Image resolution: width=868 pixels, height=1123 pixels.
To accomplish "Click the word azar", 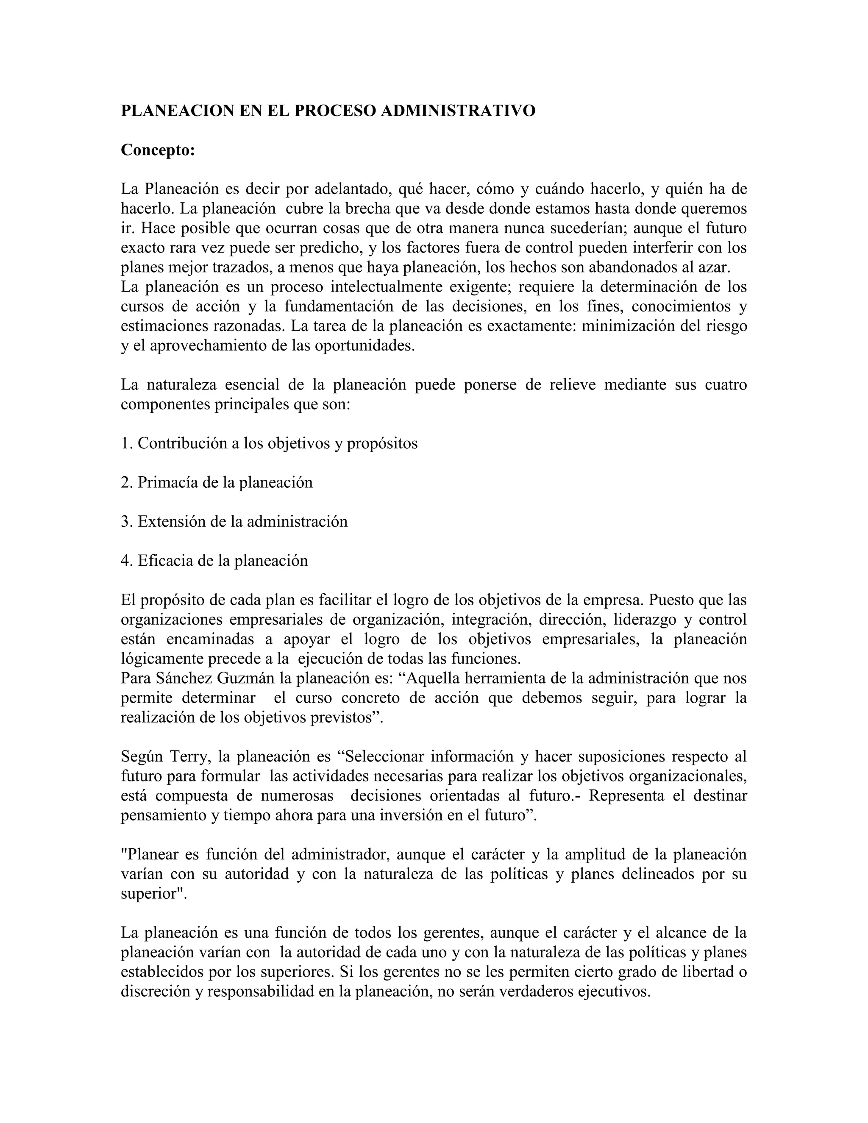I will click(x=716, y=267).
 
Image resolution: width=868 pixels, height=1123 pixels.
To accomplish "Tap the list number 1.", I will click(x=126, y=443).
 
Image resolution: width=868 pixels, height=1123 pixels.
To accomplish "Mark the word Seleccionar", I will click(x=384, y=757).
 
